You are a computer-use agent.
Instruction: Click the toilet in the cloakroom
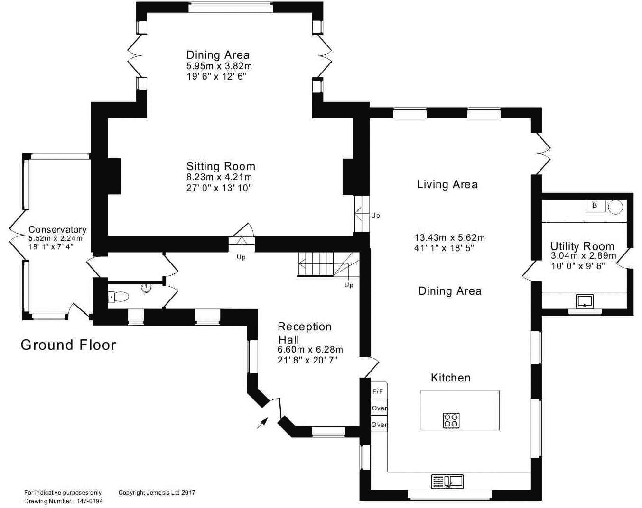(118, 297)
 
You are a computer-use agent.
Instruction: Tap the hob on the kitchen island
(451, 420)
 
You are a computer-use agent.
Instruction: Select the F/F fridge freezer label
(378, 391)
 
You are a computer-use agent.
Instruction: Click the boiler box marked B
(595, 206)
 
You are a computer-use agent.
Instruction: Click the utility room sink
(585, 301)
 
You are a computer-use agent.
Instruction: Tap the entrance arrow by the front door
(262, 423)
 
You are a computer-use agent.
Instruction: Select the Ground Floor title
(68, 345)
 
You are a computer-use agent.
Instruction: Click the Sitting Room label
(221, 166)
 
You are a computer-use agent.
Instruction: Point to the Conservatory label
(57, 229)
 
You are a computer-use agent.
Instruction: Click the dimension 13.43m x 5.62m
(449, 237)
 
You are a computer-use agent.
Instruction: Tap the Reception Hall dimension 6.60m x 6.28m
(310, 349)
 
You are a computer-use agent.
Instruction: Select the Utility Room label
(583, 246)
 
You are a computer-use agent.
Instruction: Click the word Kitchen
(451, 378)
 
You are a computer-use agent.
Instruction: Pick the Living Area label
(447, 184)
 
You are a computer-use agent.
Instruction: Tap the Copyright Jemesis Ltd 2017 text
(157, 493)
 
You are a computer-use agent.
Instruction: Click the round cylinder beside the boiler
(615, 207)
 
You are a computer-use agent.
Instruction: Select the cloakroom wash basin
(147, 287)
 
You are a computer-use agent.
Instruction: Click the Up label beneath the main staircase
(349, 285)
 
